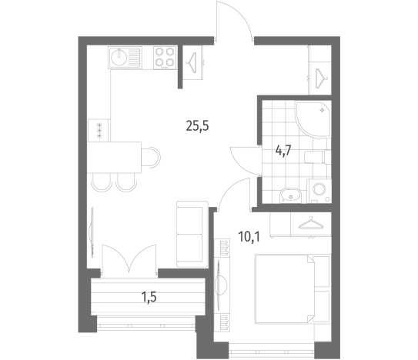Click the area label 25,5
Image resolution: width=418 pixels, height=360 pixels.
point(197,126)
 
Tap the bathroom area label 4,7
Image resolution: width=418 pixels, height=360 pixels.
point(283,151)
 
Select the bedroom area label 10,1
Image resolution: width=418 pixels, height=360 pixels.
point(249,237)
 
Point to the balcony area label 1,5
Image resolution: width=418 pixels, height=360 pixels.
point(149,297)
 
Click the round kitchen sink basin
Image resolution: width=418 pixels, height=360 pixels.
point(119,57)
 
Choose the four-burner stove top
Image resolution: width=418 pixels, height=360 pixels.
point(165,58)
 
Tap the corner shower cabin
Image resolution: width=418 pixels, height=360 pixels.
point(313,118)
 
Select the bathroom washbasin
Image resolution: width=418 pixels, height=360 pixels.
point(289,195)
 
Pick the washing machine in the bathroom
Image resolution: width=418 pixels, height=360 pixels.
point(319,191)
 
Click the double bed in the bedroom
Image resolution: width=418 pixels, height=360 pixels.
point(293,289)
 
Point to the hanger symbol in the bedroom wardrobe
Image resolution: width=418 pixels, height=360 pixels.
point(311,223)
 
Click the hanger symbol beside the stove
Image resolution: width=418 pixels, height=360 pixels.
point(192,62)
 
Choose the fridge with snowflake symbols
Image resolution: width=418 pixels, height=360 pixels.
point(99,130)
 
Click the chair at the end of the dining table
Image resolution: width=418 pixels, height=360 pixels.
point(151,157)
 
